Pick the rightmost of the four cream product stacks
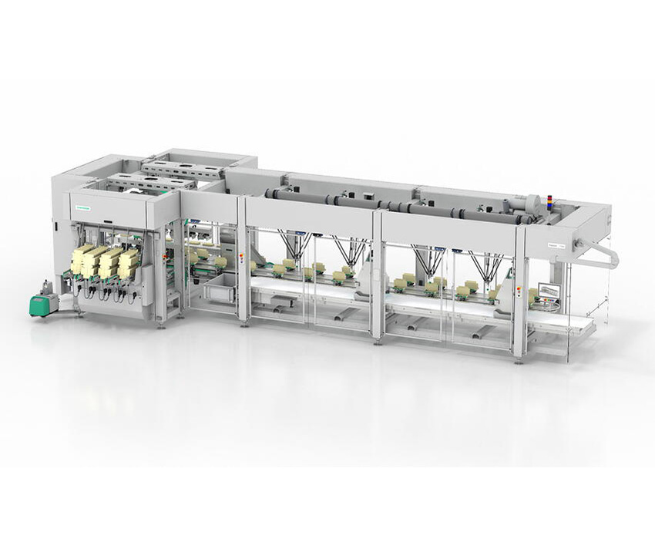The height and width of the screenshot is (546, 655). (129, 263)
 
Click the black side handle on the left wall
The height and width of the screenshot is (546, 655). (56, 225)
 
